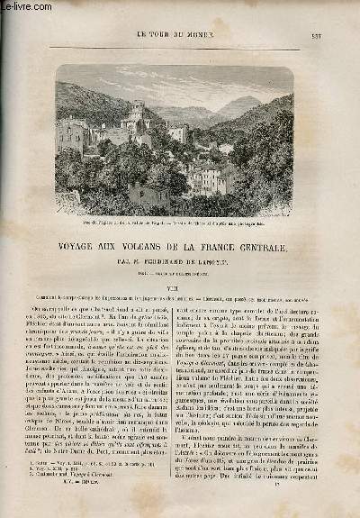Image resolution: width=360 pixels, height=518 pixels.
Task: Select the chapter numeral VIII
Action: coord(183,279)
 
